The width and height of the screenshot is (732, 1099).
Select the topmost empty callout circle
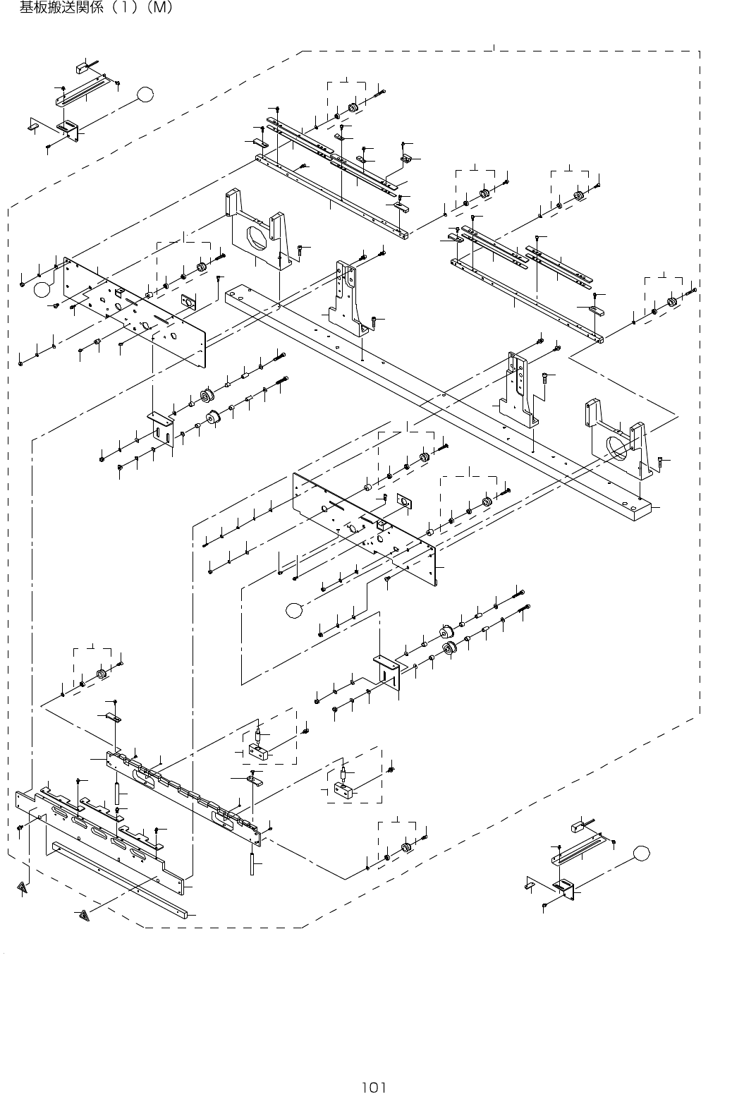tap(146, 94)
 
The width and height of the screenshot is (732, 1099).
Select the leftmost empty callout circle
tap(43, 287)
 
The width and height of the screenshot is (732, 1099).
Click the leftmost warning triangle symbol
tap(23, 887)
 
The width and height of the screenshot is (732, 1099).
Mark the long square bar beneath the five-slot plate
tap(120, 878)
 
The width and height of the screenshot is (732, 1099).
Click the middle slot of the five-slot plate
tap(100, 833)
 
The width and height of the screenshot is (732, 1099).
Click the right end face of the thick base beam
tap(642, 512)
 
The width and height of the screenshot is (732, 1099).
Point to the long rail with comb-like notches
tap(183, 797)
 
